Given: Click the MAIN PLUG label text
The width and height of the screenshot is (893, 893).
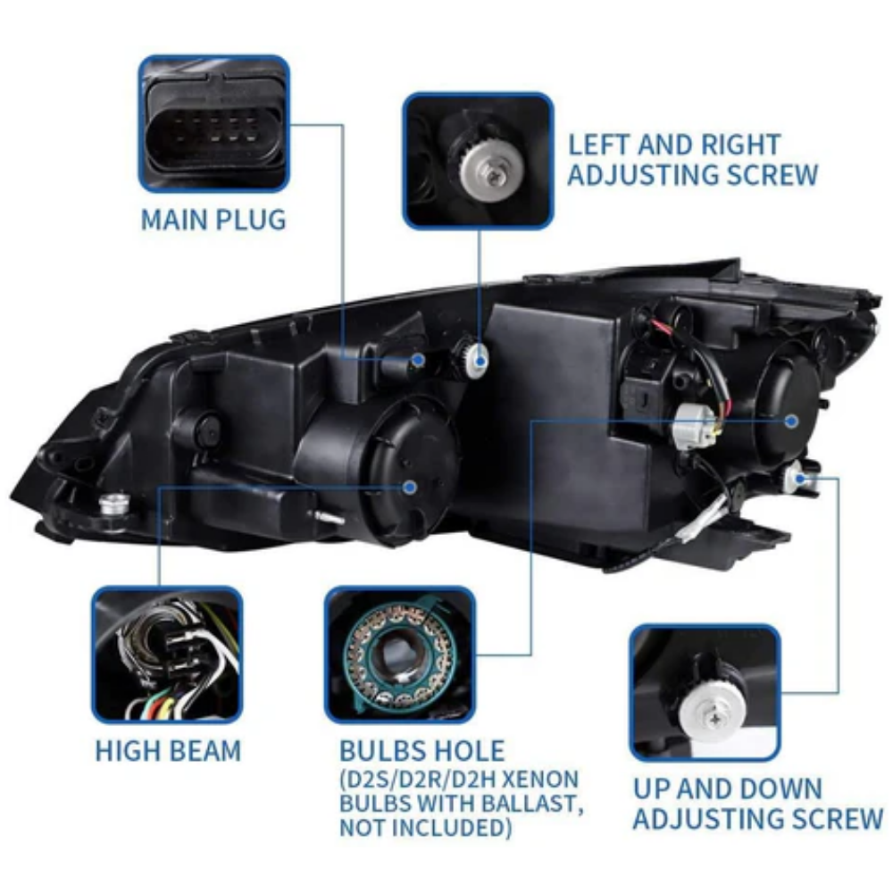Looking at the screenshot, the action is point(213,220).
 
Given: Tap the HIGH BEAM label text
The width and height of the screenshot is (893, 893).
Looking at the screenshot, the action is point(168,751).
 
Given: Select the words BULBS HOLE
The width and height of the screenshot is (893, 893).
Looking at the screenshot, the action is point(422,751).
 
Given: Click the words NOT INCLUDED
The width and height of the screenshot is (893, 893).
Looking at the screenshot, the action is point(425,828).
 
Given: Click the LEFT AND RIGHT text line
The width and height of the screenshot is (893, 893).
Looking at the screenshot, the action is point(673,145).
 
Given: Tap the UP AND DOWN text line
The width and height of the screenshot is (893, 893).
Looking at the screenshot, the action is point(728,789).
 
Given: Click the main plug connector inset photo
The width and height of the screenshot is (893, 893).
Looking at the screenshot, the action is point(214,124).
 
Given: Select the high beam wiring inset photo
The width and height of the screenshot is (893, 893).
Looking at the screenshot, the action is point(167,655).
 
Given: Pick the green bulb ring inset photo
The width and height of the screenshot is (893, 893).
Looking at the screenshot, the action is point(400,655).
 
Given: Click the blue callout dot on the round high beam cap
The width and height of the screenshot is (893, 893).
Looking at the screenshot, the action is point(410,487).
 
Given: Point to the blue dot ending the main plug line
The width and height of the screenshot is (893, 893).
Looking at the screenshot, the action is point(419,360).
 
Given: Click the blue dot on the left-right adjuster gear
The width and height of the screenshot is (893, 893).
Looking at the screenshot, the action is point(480,361).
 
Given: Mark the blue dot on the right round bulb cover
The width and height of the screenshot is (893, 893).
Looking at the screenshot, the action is point(791,421).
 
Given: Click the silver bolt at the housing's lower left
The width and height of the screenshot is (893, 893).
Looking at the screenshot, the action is point(114,505).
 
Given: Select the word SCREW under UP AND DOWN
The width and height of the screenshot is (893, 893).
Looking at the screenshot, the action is point(839,819).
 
